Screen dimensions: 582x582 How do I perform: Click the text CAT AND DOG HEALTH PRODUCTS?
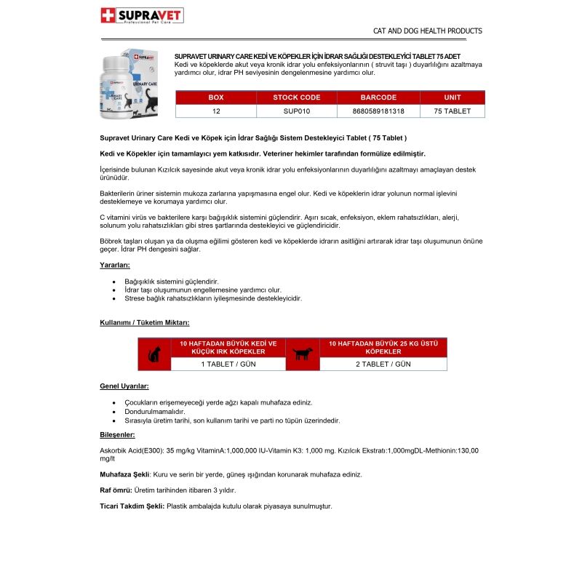pyautogui.click(x=427, y=31)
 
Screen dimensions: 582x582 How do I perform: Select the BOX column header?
pyautogui.click(x=216, y=97)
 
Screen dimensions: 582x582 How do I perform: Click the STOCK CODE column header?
pyautogui.click(x=296, y=97)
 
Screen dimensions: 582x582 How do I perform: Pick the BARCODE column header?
pyautogui.click(x=378, y=97)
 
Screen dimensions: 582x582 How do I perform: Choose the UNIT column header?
pyautogui.click(x=452, y=97)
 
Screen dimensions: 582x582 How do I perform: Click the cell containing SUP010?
pyautogui.click(x=296, y=111)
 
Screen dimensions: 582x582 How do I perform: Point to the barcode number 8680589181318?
pyautogui.click(x=378, y=111)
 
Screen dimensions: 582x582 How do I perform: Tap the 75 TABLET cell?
pyautogui.click(x=452, y=111)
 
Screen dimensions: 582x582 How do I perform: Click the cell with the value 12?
pyautogui.click(x=216, y=111)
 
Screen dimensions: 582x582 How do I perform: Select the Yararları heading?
pyautogui.click(x=115, y=265)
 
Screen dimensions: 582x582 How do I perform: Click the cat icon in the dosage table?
pyautogui.click(x=154, y=354)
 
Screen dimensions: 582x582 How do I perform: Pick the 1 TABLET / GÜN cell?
pyautogui.click(x=228, y=364)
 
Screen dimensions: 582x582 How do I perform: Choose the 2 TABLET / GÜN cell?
pyautogui.click(x=383, y=364)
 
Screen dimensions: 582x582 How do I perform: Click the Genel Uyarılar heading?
pyautogui.click(x=124, y=386)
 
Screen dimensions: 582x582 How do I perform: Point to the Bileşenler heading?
pyautogui.click(x=117, y=434)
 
